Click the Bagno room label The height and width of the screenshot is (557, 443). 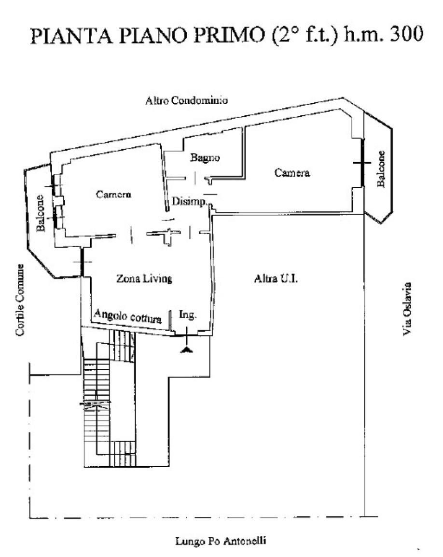[205, 158]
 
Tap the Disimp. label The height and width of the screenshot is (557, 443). [189, 201]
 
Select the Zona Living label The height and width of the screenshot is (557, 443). [144, 278]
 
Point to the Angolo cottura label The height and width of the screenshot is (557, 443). [128, 316]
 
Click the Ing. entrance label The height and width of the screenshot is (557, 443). [188, 315]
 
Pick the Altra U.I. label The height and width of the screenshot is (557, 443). [276, 278]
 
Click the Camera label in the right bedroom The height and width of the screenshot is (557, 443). [292, 173]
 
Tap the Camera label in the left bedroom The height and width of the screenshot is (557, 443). [114, 195]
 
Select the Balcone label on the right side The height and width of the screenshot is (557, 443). [381, 169]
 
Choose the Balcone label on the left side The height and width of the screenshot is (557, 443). [41, 213]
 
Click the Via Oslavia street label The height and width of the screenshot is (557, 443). [407, 309]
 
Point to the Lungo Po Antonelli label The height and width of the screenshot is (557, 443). [221, 541]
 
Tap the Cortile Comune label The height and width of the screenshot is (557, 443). [20, 300]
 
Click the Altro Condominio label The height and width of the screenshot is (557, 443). [186, 100]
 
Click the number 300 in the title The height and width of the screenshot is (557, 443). [406, 34]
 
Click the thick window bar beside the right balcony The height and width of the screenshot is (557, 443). [362, 163]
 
